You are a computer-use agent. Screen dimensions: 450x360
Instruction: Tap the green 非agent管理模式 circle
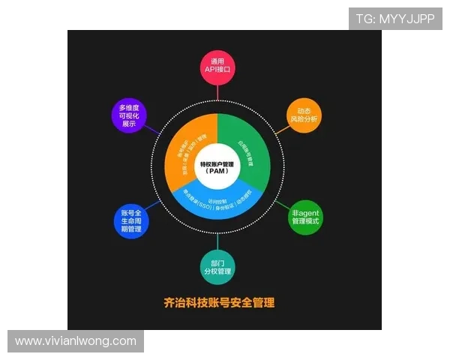pos(305,217)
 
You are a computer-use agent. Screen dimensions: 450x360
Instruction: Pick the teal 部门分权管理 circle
pos(218,264)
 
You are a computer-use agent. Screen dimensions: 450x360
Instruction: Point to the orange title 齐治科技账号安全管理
pos(219,303)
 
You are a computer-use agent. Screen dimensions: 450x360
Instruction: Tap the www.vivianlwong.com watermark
pos(76,341)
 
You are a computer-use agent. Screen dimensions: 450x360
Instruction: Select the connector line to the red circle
pos(218,92)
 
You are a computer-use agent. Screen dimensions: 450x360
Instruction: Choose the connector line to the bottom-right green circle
pos(281,203)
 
